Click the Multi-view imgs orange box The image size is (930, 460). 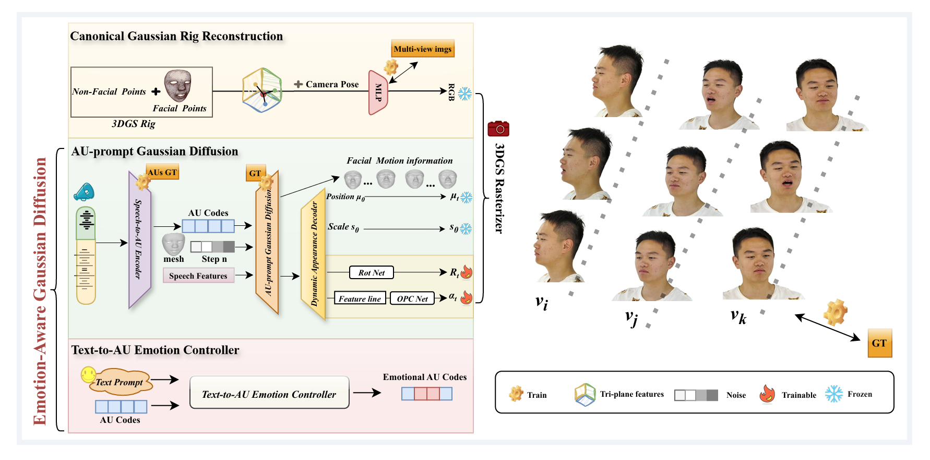point(423,49)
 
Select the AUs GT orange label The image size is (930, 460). point(162,172)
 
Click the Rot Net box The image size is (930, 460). point(372,272)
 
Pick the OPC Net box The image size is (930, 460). point(412,298)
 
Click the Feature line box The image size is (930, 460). point(360,298)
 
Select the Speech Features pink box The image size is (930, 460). point(198,275)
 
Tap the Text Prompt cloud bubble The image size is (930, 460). point(120,383)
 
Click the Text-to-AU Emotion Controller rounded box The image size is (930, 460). point(269,394)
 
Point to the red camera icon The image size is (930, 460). point(498,129)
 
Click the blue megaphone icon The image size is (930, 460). point(84,192)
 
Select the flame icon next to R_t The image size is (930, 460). point(467,272)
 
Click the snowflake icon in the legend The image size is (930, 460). point(834,394)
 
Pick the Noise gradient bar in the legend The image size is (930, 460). point(696,395)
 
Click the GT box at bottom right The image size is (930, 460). point(879,343)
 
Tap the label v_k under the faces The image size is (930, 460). point(738,316)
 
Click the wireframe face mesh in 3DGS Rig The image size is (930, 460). point(178,86)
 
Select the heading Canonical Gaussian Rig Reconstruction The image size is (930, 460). point(176,36)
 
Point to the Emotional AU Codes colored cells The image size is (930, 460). point(427,394)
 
